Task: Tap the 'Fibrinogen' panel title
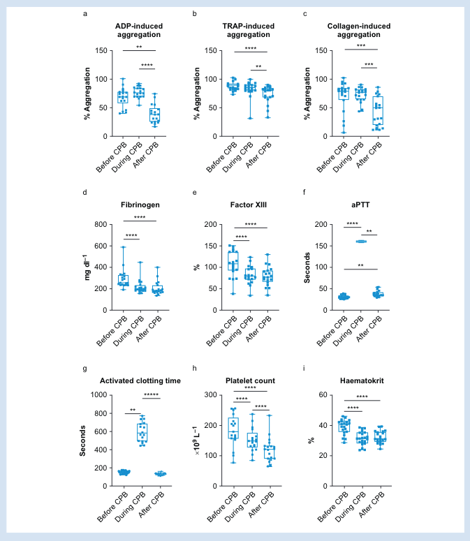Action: tap(140, 207)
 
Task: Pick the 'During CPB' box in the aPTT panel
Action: tap(362, 242)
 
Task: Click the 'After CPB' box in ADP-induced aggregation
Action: tap(155, 115)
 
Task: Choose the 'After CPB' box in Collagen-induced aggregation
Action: tap(378, 110)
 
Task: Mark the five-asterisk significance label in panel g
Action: tap(152, 396)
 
